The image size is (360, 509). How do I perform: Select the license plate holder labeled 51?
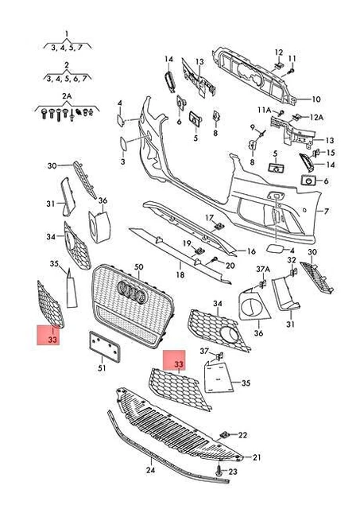pos(105,346)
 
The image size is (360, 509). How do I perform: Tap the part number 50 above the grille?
pos(139,267)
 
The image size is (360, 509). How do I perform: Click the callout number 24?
pos(150,470)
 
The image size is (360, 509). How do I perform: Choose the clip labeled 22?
pos(225,435)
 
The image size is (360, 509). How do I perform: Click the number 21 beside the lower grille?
pos(257,457)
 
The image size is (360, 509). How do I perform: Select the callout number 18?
pos(180,274)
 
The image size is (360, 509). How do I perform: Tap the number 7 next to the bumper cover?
pos(327,212)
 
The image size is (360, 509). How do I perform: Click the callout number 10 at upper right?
pos(315,99)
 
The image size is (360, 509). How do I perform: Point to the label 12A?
pos(316,117)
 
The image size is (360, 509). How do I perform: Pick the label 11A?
pos(265,110)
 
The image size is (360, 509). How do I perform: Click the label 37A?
pos(263,269)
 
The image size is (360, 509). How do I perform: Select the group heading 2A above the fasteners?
pos(67,96)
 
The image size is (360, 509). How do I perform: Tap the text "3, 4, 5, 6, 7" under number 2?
pos(67,78)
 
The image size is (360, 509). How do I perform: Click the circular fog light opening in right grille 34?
pos(229,333)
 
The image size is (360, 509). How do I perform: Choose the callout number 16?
pos(251,251)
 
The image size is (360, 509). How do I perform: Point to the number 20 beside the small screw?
pos(230,266)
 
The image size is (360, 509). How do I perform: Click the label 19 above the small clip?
pos(187,243)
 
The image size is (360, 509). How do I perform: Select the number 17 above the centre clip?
pos(210,217)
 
